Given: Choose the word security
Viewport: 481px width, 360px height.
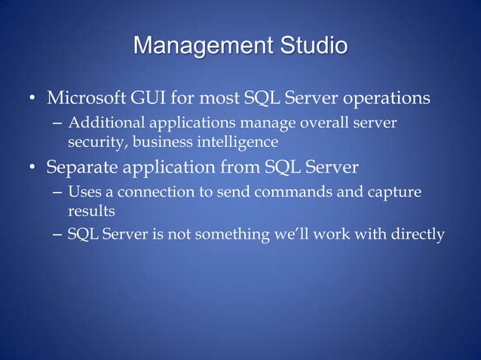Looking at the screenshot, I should (93, 141).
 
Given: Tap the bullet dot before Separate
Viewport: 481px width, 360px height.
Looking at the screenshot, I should (33, 166).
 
